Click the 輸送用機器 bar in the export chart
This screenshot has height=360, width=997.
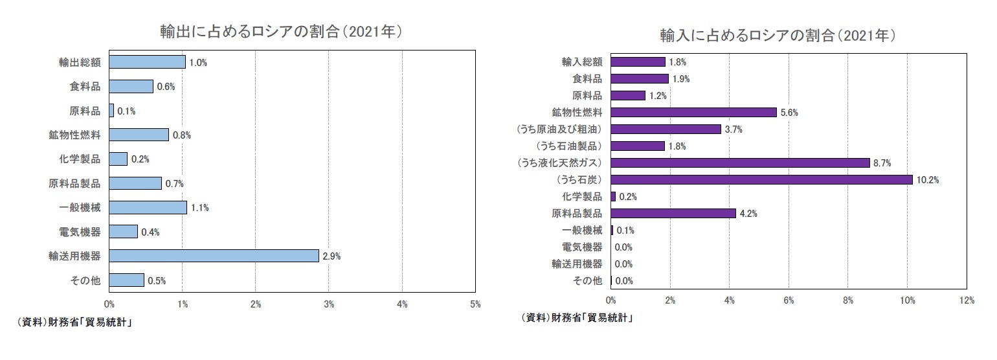pyautogui.click(x=214, y=256)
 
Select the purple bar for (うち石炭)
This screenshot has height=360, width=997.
pyautogui.click(x=761, y=179)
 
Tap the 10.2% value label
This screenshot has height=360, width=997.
pyautogui.click(x=928, y=179)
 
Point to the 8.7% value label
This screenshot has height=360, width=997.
pyautogui.click(x=882, y=163)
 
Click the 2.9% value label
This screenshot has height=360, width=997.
pyautogui.click(x=331, y=256)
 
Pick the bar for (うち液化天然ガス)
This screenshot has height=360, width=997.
pyautogui.click(x=740, y=163)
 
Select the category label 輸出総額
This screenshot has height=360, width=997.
pyautogui.click(x=79, y=62)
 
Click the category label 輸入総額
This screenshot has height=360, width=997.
pyautogui.click(x=582, y=62)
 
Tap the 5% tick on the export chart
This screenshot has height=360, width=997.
pyautogui.click(x=475, y=304)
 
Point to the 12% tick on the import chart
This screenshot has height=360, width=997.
pyautogui.click(x=966, y=300)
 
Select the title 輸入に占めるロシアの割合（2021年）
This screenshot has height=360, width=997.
pyautogui.click(x=777, y=35)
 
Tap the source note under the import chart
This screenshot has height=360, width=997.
pyautogui.click(x=576, y=318)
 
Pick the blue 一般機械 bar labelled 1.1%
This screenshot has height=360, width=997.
pyautogui.click(x=148, y=207)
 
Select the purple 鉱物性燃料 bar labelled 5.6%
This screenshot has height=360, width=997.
pyautogui.click(x=693, y=112)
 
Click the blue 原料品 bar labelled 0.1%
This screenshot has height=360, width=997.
pyautogui.click(x=111, y=111)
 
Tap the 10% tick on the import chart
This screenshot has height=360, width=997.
pyautogui.click(x=907, y=300)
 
